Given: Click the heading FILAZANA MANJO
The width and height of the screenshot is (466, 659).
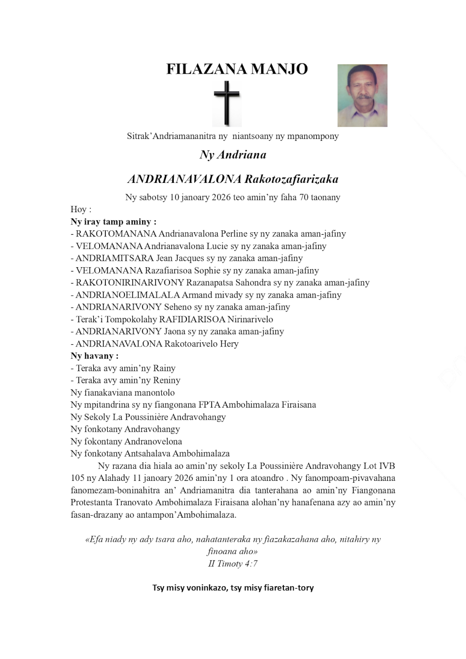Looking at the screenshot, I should pos(237,69).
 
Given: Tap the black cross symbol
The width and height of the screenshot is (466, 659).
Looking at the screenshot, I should pos(227,103).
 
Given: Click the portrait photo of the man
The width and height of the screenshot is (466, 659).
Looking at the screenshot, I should pos(362,96).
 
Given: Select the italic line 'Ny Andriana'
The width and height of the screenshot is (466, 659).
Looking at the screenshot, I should pos(233,155).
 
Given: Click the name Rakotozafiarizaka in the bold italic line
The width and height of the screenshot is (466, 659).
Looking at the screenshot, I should pos(291,179).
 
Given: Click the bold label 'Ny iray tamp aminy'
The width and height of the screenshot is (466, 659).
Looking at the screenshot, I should pos(113,222).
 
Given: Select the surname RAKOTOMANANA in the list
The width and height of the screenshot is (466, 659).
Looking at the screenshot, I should pos(116,234).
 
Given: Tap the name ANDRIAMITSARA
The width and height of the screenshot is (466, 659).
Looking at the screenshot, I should pos(115,258).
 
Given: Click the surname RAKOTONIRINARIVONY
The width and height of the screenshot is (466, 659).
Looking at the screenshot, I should pos(130,283).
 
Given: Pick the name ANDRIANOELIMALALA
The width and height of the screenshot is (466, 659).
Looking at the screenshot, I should pos(128,295).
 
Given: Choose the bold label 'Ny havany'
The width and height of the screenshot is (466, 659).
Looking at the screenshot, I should pos(94,356).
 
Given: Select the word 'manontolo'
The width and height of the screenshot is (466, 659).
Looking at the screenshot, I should pos(152,393).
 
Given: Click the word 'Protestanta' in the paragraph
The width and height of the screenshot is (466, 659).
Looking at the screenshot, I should pos(91,502).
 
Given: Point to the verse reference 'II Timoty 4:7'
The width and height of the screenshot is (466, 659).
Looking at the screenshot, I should pos(233,564).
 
